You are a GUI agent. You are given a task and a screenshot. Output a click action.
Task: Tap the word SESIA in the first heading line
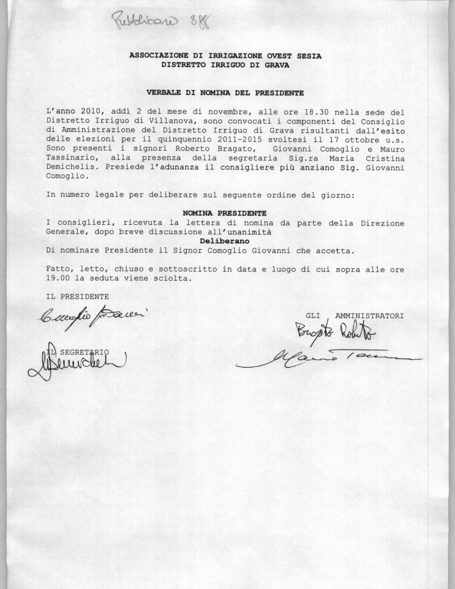click(x=309, y=56)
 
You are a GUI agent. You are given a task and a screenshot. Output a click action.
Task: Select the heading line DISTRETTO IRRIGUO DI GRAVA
click(x=225, y=65)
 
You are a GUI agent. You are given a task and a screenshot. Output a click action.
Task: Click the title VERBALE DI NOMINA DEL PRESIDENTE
click(x=225, y=92)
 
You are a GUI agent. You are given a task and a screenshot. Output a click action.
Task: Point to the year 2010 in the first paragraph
click(x=92, y=112)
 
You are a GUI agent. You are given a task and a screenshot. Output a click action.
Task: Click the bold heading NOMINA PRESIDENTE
click(x=224, y=213)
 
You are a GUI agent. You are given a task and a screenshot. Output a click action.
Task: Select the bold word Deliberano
click(x=224, y=241)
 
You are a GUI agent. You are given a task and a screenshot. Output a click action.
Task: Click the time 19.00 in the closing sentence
click(x=58, y=278)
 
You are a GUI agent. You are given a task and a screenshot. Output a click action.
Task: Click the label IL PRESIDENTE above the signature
click(x=77, y=297)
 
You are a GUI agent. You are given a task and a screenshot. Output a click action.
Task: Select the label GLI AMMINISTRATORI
click(x=354, y=316)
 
